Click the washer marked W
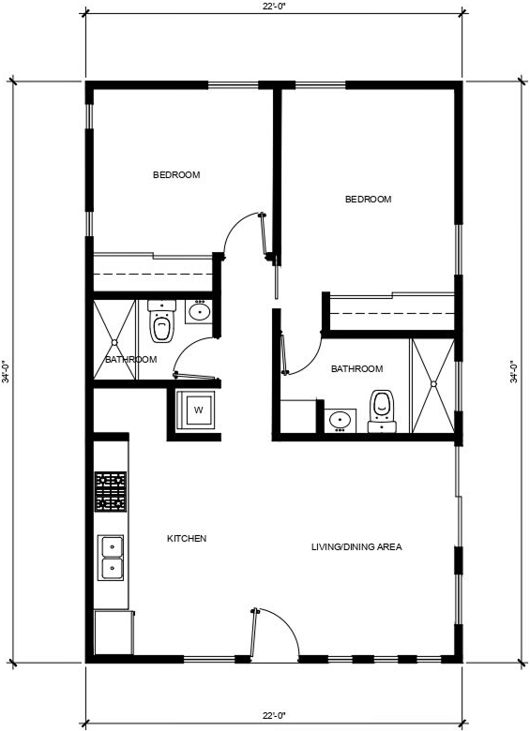(x=195, y=410)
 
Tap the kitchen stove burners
(x=111, y=491)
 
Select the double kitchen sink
(x=111, y=558)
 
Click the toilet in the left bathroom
(x=162, y=321)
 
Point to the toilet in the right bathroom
(x=382, y=411)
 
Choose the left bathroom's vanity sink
(x=199, y=312)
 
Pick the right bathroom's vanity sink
(x=341, y=421)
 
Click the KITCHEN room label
(x=187, y=539)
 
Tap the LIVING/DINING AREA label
(x=356, y=547)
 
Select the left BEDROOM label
(x=176, y=175)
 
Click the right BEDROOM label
(x=368, y=199)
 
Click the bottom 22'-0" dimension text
(x=273, y=715)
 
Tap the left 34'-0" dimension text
(x=5, y=371)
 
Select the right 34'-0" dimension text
(x=514, y=371)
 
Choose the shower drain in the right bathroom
(x=433, y=384)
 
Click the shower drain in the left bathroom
(x=114, y=343)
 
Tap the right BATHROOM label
(x=356, y=368)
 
